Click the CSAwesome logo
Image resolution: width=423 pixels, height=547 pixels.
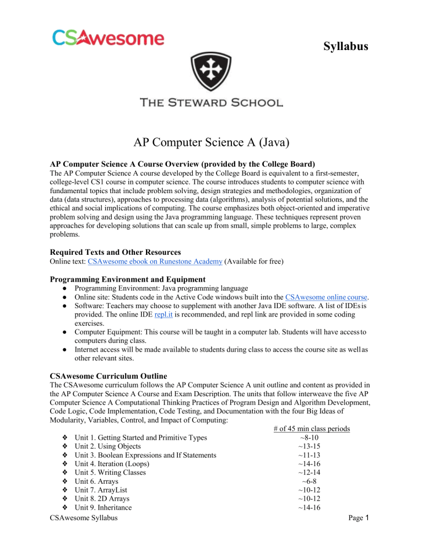point(108,37)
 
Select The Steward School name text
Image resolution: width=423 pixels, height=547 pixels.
point(211,102)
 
